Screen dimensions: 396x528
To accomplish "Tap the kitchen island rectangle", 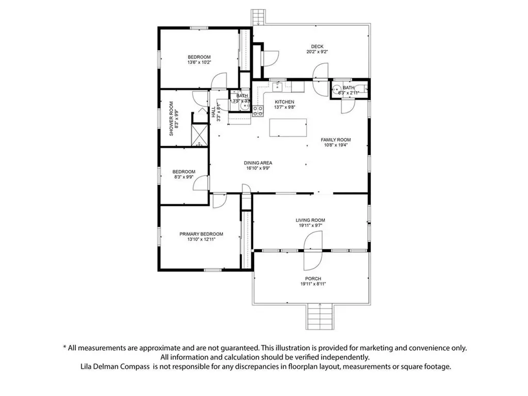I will click(x=288, y=128).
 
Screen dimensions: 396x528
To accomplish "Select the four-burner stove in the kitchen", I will click(x=257, y=111).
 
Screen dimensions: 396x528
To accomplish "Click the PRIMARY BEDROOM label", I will click(x=201, y=234).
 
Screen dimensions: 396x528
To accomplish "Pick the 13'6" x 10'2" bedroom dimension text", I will click(x=200, y=62).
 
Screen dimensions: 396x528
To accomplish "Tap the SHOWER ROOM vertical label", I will click(x=172, y=119).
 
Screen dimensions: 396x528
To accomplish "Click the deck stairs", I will click(x=257, y=16).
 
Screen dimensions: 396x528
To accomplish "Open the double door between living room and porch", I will click(x=313, y=251).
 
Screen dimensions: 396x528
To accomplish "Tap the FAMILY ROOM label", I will click(x=336, y=140).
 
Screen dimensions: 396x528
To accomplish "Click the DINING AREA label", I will click(x=258, y=163).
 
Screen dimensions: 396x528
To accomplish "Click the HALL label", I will click(x=213, y=112).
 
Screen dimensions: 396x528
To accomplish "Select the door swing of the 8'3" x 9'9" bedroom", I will click(x=203, y=183).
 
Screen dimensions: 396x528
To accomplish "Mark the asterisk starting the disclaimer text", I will click(x=64, y=348).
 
